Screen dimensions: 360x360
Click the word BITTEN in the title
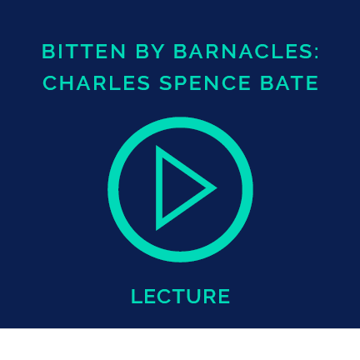[x=84, y=52]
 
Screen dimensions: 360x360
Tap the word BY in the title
[x=150, y=52]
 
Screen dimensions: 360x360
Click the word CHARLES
[x=97, y=83]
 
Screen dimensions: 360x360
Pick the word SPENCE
[x=205, y=83]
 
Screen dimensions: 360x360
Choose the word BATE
[x=289, y=83]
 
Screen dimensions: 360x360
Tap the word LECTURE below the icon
[x=180, y=296]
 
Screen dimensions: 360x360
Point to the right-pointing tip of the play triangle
[x=217, y=188]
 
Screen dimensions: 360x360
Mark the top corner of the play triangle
[x=156, y=146]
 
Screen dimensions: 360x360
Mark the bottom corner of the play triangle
[x=156, y=230]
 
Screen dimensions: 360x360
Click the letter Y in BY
[x=158, y=52]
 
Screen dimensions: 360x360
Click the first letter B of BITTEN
[x=47, y=52]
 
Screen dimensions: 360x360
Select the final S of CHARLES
[x=144, y=83]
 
